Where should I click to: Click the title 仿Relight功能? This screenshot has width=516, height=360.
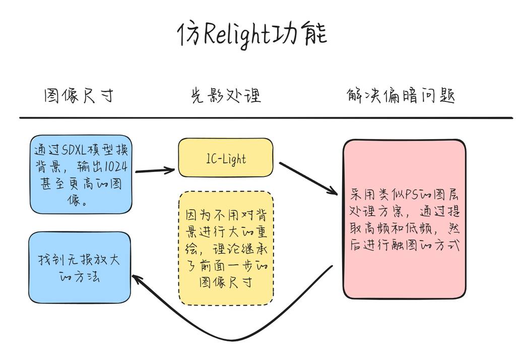252,34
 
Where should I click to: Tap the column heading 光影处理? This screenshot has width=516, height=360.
226,95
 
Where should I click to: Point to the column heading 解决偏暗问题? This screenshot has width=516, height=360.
401,95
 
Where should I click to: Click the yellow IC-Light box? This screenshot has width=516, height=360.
226,158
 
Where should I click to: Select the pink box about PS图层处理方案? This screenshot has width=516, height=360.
404,219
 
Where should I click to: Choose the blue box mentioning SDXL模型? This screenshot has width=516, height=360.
81,174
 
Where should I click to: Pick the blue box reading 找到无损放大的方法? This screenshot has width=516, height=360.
80,267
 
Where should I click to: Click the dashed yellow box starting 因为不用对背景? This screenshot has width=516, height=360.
226,248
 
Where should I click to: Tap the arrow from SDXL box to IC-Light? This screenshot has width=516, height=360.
154,170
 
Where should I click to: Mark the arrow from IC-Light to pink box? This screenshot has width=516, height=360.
308,177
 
